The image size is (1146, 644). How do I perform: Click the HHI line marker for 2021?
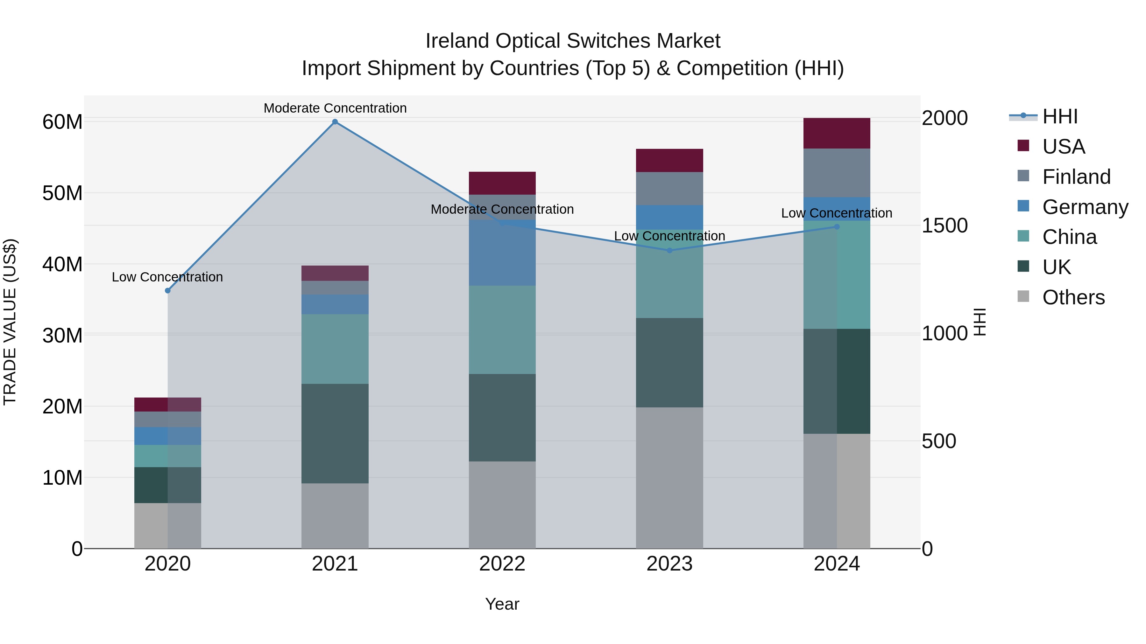pyautogui.click(x=335, y=122)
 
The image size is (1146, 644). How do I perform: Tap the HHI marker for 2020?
pyautogui.click(x=168, y=291)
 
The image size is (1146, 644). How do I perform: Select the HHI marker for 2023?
pyautogui.click(x=669, y=250)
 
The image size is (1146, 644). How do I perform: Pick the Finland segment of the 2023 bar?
pyautogui.click(x=669, y=189)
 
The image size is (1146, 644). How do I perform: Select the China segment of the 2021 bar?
pyautogui.click(x=335, y=349)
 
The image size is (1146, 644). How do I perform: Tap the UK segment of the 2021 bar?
pyautogui.click(x=335, y=433)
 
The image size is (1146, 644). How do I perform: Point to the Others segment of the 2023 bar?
pyautogui.click(x=669, y=478)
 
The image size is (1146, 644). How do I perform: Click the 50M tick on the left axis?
pyautogui.click(x=62, y=193)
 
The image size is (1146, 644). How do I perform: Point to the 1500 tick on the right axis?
pyautogui.click(x=944, y=226)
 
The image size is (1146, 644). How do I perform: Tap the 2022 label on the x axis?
pyautogui.click(x=502, y=564)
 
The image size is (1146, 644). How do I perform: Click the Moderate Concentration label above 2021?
pyautogui.click(x=335, y=108)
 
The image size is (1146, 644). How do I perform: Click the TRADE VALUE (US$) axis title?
pyautogui.click(x=10, y=322)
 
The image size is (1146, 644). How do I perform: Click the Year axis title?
pyautogui.click(x=502, y=604)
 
